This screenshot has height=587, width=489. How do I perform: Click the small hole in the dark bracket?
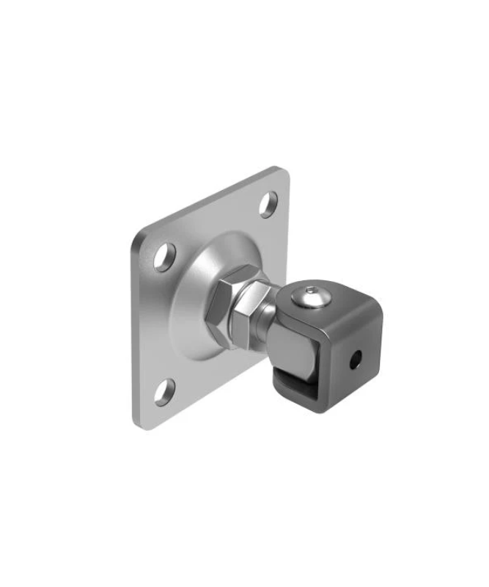[x=355, y=359]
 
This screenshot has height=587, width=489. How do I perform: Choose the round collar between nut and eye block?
[x=268, y=317]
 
